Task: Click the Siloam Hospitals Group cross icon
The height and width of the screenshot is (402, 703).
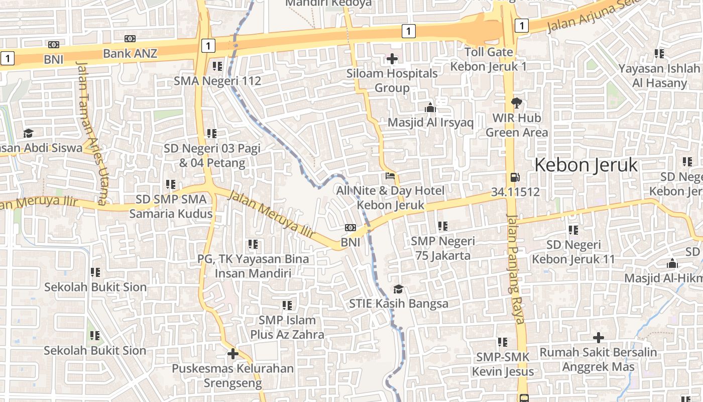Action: coord(392,59)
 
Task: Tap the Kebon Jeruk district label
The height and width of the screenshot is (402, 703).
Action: coord(585,165)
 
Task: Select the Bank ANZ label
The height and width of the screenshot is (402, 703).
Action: coord(130,53)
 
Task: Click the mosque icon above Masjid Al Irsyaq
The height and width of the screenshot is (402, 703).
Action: coord(430,108)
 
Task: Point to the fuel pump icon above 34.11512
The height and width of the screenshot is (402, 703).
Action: coord(515,177)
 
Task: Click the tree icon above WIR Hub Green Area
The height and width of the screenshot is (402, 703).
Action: coord(516,104)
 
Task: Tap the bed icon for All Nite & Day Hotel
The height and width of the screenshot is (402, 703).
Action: coord(390,176)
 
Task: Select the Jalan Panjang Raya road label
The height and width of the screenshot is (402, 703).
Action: coord(516,269)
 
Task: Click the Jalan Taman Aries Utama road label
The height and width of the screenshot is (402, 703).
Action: coord(91,133)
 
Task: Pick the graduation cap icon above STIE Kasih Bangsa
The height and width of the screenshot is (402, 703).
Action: coord(398,289)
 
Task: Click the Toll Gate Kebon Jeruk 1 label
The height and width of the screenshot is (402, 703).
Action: coord(488,59)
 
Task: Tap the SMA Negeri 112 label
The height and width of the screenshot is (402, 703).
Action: coord(217,81)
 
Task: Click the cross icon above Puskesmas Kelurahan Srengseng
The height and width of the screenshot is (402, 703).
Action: coord(232,354)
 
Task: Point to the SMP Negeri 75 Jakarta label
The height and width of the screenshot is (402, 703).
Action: coord(442,248)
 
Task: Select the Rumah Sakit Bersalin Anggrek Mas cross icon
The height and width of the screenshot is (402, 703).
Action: coord(598,338)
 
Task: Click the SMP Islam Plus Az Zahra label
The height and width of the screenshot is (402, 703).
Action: coord(287,327)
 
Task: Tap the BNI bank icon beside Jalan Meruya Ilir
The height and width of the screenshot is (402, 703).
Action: coord(350,228)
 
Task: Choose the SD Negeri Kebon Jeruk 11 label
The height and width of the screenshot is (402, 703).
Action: coord(573,252)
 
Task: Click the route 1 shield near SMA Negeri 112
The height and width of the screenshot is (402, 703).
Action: coord(208,46)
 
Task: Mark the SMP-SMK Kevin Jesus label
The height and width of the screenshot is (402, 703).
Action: coord(503,364)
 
